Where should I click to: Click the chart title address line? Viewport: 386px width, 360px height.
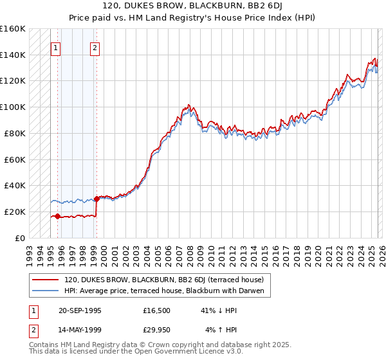tap(193, 6)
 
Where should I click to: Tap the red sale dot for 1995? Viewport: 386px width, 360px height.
tap(58, 216)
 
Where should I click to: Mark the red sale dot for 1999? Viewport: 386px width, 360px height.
tap(96, 199)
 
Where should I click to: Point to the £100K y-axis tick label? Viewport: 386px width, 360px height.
tap(13, 107)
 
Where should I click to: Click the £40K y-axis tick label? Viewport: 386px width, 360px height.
tap(14, 185)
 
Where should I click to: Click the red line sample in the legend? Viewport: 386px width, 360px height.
tap(46, 280)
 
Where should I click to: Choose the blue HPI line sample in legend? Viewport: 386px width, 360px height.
tap(46, 291)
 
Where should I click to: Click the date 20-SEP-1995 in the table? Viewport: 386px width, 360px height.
tap(80, 310)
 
